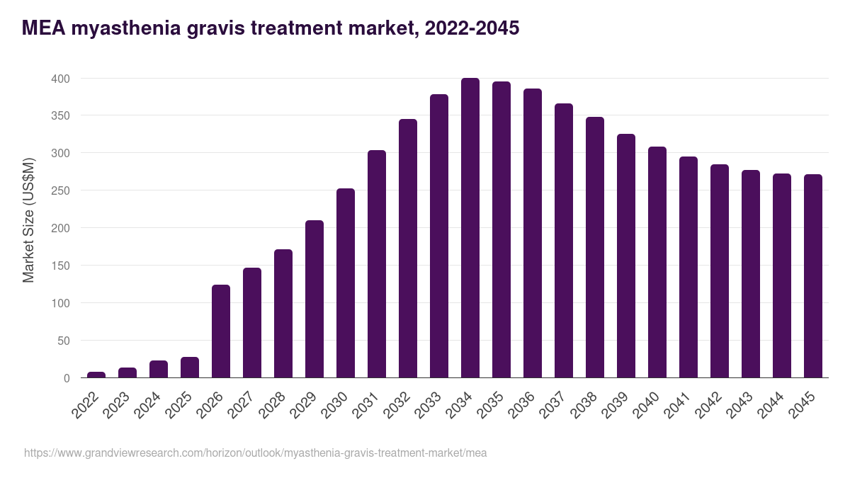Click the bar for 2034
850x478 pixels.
[x=470, y=228]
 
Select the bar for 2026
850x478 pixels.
[x=221, y=331]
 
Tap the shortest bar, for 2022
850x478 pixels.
[x=96, y=375]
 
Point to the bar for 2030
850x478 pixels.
[x=346, y=283]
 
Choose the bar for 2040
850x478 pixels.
[x=657, y=262]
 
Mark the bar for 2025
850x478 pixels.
[x=190, y=368]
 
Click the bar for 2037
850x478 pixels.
[x=564, y=241]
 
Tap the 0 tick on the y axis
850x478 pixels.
[x=67, y=378]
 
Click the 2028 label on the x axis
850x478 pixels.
[x=273, y=404]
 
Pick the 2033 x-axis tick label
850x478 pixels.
[x=429, y=404]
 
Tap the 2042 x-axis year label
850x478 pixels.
[x=709, y=404]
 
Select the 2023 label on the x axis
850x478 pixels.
[x=117, y=404]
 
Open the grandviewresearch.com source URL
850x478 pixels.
[x=255, y=453]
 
